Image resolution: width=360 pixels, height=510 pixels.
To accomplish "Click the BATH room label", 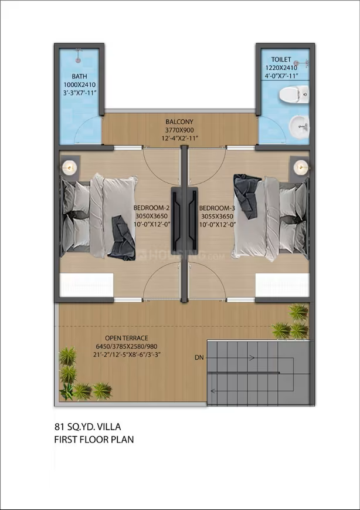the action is pos(79,77).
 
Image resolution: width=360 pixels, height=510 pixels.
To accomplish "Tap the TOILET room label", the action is pos(281,59).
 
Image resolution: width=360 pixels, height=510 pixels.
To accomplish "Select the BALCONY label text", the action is pos(179,122).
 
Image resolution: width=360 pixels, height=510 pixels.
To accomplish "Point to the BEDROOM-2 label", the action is pos(152,208).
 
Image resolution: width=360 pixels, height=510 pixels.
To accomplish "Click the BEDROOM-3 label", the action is pos(218,208).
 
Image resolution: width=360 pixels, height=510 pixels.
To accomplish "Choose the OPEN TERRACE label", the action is pos(127,338).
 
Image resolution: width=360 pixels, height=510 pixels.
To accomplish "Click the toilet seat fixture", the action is pos(294,94).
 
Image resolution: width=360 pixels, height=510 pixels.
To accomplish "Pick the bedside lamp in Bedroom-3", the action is pos(301,167).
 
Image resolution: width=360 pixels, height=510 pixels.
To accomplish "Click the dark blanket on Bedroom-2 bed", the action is pos(122,238).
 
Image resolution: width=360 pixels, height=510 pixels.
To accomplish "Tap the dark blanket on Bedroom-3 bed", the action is pos(248,196).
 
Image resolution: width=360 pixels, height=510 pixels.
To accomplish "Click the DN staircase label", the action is pos(199,358).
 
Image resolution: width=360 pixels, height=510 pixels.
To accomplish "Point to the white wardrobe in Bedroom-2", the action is pos(86,285).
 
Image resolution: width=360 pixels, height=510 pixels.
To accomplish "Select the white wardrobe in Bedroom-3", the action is pos(283,285).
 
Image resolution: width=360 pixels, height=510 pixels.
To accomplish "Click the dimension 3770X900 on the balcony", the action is pos(179,130).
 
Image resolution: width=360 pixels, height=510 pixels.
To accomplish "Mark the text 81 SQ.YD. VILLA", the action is pos(87,427).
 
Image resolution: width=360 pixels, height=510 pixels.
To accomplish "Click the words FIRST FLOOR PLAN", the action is pos(94,440).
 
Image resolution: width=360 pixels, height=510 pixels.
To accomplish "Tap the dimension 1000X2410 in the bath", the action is pos(80,85).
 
